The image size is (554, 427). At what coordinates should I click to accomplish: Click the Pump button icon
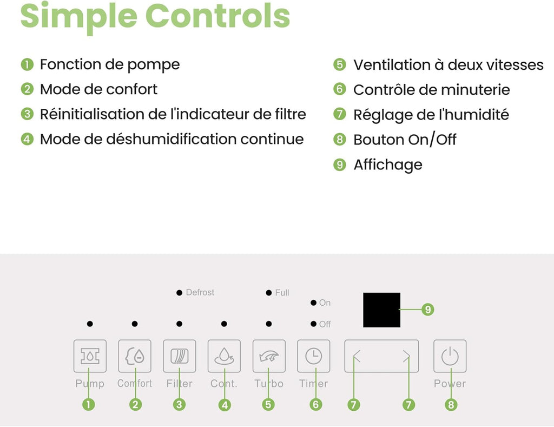click(90, 356)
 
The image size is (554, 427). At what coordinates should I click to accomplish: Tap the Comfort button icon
click(135, 356)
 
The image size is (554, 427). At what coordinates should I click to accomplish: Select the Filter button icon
click(180, 356)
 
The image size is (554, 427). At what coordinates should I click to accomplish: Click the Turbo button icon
click(269, 356)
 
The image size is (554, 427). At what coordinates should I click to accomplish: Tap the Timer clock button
click(314, 356)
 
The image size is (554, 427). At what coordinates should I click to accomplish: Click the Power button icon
click(450, 356)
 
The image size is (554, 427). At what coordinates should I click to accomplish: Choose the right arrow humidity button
click(406, 356)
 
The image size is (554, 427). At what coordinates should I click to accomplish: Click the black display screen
click(381, 310)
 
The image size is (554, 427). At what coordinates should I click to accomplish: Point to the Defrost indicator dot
click(180, 293)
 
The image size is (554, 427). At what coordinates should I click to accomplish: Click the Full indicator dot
click(269, 293)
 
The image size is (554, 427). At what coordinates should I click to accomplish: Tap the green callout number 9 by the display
click(428, 310)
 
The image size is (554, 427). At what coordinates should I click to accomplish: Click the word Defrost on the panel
click(200, 292)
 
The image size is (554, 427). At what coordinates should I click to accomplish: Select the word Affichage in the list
click(388, 165)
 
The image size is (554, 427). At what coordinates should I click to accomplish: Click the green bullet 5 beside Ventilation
click(340, 65)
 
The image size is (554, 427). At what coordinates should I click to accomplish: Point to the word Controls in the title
click(217, 16)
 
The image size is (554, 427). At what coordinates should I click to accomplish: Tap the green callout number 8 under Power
click(451, 404)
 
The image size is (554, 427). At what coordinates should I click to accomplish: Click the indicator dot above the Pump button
click(90, 324)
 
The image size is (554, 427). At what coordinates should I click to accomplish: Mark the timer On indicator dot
click(313, 303)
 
